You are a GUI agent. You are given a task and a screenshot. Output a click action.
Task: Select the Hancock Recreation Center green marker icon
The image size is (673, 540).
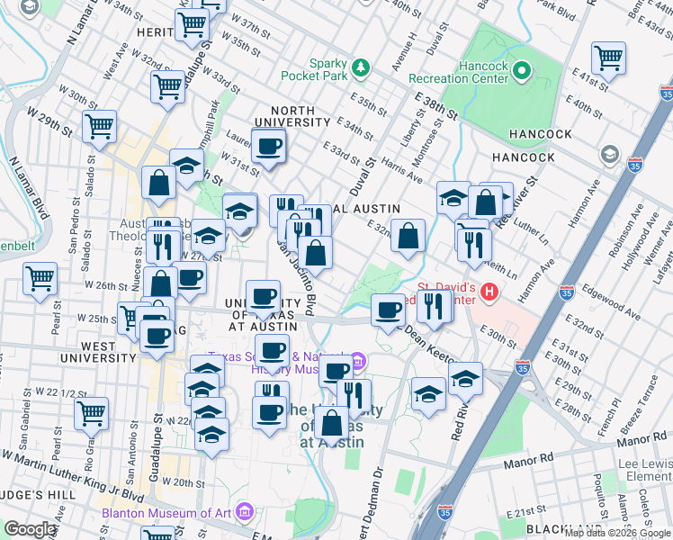click(521, 68)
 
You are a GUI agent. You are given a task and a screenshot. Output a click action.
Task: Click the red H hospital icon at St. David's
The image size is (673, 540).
click(489, 292)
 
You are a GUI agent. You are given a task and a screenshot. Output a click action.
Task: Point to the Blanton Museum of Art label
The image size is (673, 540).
click(180, 514)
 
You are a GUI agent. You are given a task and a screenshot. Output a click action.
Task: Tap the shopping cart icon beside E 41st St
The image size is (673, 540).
click(609, 58)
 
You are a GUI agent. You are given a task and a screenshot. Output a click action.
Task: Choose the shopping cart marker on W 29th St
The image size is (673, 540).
click(99, 126)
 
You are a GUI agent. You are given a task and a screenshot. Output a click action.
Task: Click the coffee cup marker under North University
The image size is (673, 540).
click(268, 146)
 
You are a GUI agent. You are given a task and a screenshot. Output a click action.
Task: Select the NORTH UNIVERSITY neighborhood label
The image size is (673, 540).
click(297, 116)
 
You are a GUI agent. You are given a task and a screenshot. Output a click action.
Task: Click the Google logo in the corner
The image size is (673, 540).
click(30, 529)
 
